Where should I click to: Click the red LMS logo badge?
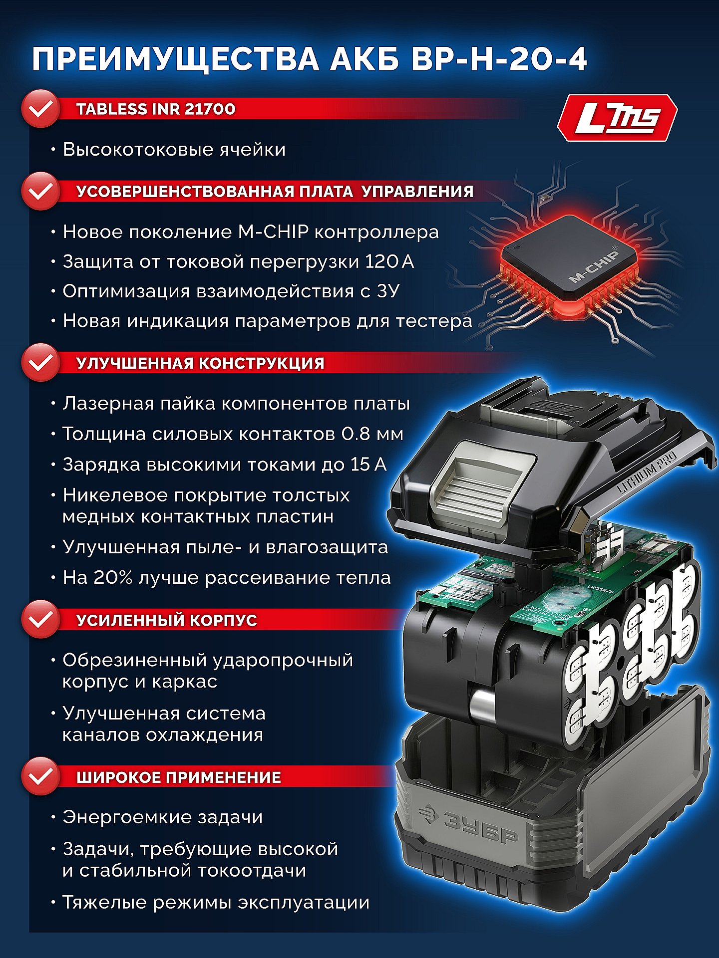617,118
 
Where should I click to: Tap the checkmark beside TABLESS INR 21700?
41,109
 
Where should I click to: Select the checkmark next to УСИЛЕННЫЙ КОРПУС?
41,620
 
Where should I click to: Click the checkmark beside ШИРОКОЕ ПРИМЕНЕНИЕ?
41,777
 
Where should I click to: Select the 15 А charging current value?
368,464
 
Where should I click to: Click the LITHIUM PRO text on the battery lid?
647,473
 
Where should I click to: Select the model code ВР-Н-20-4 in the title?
499,59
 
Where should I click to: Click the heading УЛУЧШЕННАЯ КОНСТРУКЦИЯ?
200,363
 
